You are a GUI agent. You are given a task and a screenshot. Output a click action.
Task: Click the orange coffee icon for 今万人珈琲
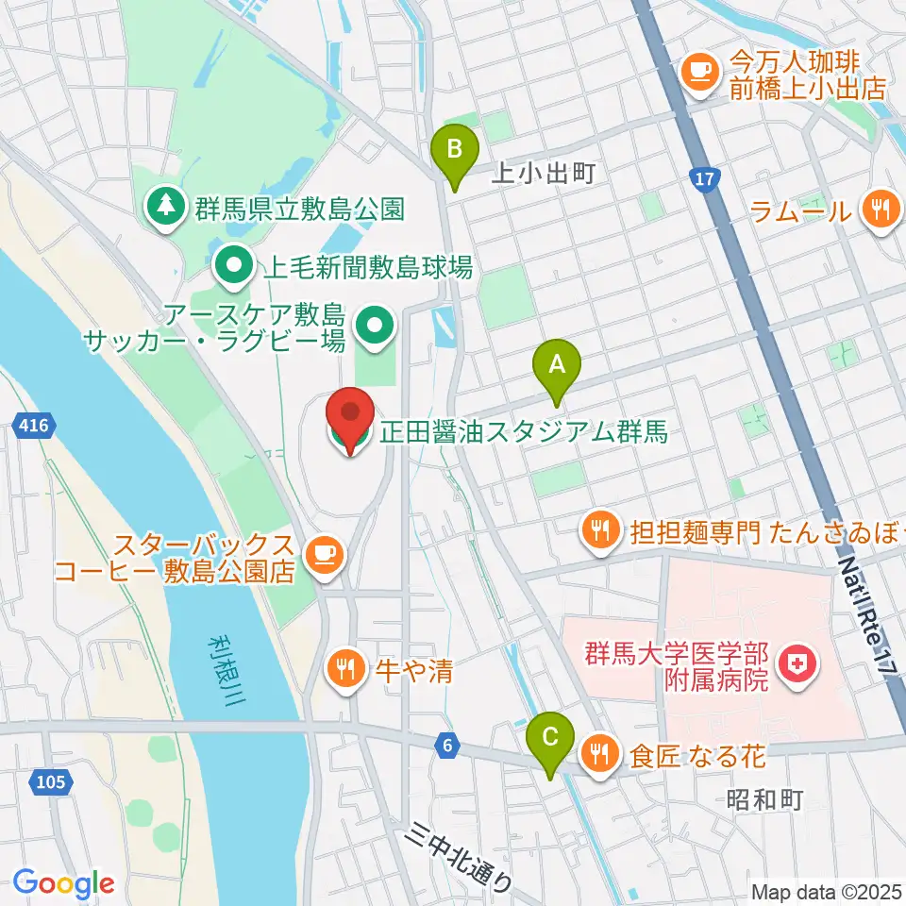click(x=699, y=73)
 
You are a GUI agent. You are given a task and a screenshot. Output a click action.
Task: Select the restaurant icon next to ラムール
click(x=881, y=210)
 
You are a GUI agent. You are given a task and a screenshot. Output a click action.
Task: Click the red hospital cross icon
click(x=797, y=666)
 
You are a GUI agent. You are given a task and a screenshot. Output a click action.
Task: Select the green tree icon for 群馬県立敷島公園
click(x=166, y=206)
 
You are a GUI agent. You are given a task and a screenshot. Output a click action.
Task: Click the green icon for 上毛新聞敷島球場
click(x=233, y=267)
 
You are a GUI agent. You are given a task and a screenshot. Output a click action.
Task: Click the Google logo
click(x=63, y=882)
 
